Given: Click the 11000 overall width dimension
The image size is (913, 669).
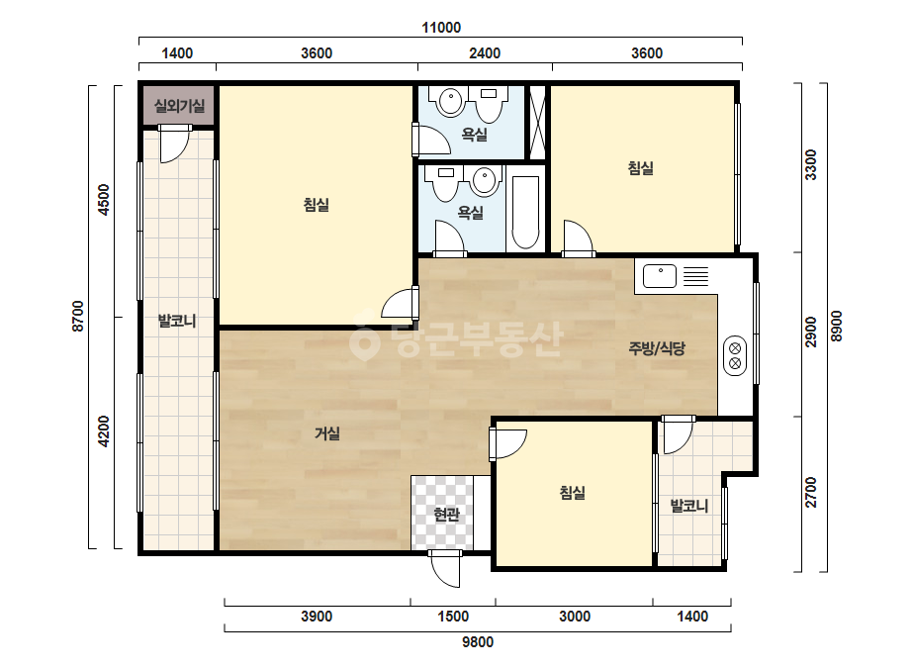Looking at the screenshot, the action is (x=441, y=28).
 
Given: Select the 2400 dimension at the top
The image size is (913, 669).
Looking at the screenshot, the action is (x=485, y=53).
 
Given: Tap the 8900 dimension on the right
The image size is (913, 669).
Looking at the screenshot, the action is (x=836, y=327).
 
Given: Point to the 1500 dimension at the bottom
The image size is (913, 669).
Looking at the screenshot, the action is (x=453, y=616).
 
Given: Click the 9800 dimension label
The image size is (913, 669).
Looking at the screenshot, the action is (x=478, y=641).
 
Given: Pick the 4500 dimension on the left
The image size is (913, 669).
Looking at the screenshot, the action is (x=104, y=200).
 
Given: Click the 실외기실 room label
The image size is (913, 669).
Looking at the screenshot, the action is (x=179, y=106).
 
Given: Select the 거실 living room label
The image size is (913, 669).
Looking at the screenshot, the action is (x=327, y=433).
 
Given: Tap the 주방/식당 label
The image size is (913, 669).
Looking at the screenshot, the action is (x=657, y=348).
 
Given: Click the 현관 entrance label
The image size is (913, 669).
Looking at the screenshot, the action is (x=446, y=515).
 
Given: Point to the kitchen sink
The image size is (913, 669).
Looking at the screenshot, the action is (x=660, y=276).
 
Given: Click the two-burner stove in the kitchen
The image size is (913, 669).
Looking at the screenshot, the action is (x=735, y=355).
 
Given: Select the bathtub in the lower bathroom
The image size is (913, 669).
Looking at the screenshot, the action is (x=526, y=212).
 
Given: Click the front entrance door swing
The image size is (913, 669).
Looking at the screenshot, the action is (x=445, y=569).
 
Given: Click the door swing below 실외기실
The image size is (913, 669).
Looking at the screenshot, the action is (x=175, y=143).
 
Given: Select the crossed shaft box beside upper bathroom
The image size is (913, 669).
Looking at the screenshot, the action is (x=537, y=123).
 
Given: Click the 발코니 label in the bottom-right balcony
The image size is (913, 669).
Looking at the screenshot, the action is (x=689, y=506).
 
